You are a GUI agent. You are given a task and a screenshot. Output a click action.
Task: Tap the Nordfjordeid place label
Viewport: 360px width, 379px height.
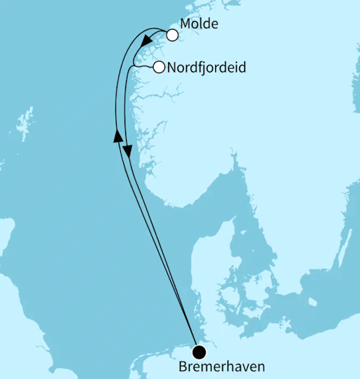pyautogui.click(x=206, y=68)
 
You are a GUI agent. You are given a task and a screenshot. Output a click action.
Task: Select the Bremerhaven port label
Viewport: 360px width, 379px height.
pyautogui.click(x=220, y=368)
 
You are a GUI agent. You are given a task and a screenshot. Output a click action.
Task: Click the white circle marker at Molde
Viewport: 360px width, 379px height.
pyautogui.click(x=172, y=35)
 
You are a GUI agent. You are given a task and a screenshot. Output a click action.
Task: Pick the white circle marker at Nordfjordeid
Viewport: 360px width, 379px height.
pyautogui.click(x=159, y=68)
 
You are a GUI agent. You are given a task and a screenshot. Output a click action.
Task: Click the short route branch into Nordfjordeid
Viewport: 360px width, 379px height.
pyautogui.click(x=143, y=67)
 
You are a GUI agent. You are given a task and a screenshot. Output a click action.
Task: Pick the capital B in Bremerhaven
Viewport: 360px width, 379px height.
pyautogui.click(x=180, y=368)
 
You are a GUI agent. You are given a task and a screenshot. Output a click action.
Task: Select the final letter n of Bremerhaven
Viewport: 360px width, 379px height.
pyautogui.click(x=260, y=368)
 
